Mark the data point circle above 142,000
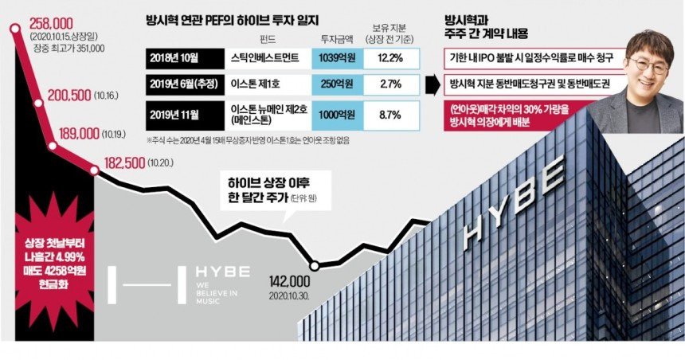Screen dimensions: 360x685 coord(315,265)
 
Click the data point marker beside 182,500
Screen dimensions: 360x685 coord(95,170)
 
